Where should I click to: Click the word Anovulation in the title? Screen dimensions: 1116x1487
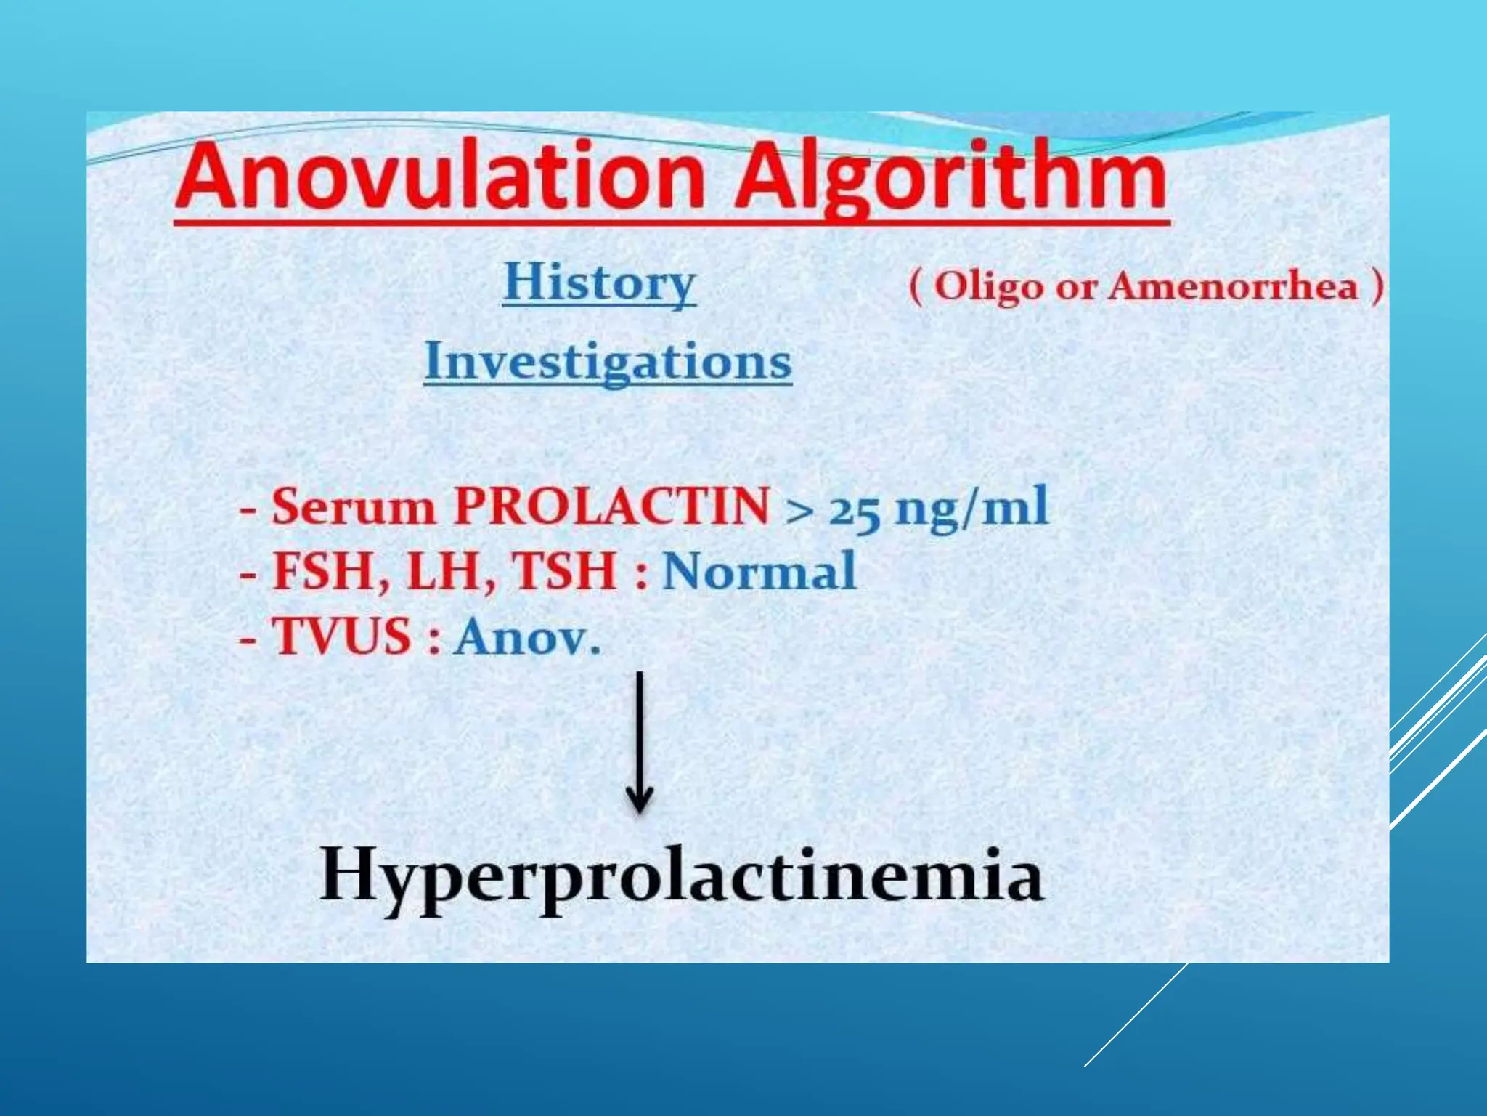pos(439,177)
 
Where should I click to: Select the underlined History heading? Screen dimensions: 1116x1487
pos(599,283)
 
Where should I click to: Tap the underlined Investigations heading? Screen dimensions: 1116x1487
pos(608,361)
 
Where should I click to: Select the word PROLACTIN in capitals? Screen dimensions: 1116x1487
pos(611,506)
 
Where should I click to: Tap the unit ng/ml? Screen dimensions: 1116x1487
pos(972,506)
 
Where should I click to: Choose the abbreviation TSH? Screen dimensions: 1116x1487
pos(564,572)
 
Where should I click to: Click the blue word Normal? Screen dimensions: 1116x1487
pos(759,572)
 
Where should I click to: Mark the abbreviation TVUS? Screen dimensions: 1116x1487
pos(341,637)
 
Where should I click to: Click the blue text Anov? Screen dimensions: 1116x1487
pos(527,637)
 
